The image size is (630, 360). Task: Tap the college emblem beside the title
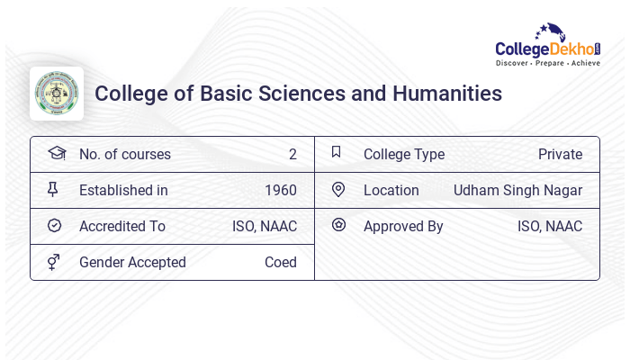click(x=57, y=94)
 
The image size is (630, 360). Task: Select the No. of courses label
click(x=125, y=154)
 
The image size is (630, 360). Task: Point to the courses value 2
click(x=292, y=154)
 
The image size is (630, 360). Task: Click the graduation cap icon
click(x=56, y=153)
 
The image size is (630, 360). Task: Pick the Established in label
click(x=123, y=190)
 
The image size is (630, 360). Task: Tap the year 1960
click(x=281, y=190)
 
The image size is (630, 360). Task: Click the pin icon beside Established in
click(x=53, y=189)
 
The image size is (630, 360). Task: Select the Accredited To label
click(x=122, y=226)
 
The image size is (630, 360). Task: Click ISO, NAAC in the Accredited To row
click(x=265, y=226)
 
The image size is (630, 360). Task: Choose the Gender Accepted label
click(x=132, y=262)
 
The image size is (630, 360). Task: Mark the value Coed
click(x=281, y=262)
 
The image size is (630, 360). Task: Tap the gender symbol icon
click(x=53, y=261)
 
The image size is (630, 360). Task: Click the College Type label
click(x=404, y=154)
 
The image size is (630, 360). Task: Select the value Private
click(x=560, y=154)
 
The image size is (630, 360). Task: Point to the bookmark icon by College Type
click(x=336, y=152)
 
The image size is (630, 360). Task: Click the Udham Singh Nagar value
click(x=517, y=190)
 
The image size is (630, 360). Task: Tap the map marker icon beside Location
click(x=338, y=189)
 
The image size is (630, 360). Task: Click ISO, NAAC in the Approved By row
click(x=550, y=226)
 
